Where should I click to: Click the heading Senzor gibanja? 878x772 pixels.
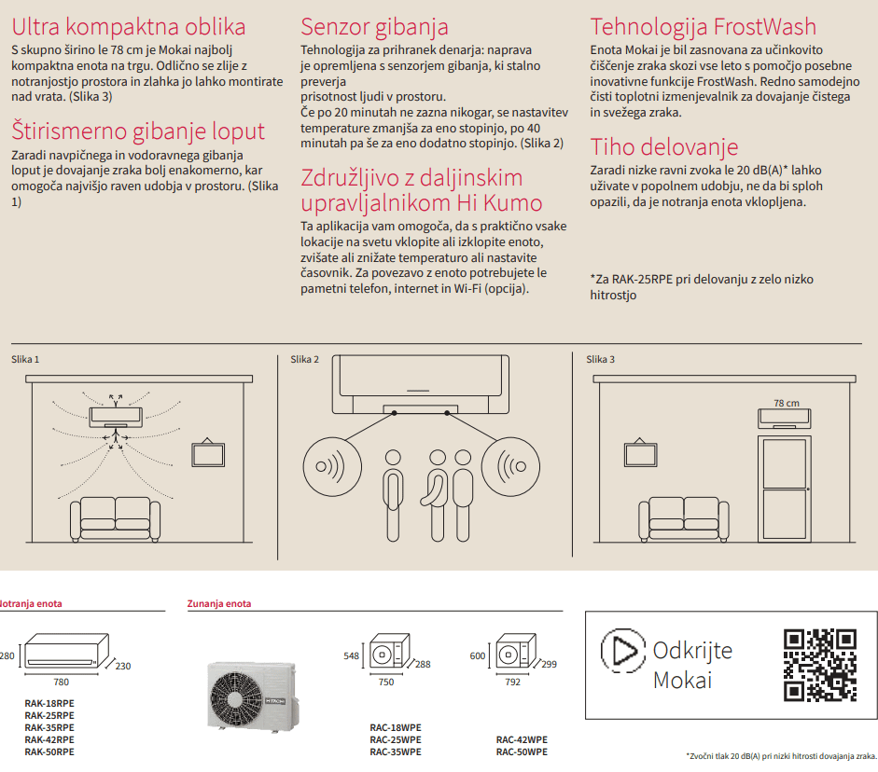pos(374,27)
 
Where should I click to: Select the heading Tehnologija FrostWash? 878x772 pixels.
pos(703,27)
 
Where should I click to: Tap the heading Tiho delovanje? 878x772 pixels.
pos(663,147)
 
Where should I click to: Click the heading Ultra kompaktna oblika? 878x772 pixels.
pos(129,27)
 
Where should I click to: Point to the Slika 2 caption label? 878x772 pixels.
pos(304,360)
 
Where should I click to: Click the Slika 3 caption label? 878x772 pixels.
pos(600,360)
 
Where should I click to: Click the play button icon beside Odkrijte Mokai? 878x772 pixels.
pos(622,650)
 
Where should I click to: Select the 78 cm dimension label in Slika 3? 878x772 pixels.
pos(786,404)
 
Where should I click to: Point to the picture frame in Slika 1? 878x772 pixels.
pos(207,453)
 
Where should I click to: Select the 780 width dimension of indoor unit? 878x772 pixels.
pos(61,682)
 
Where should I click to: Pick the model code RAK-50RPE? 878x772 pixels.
pos(49,751)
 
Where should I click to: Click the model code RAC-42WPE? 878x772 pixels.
pos(522,739)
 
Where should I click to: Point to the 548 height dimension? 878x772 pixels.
pos(351,656)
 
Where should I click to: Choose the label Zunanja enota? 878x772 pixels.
pos(219,604)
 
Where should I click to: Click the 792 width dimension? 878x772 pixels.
pos(511,682)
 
